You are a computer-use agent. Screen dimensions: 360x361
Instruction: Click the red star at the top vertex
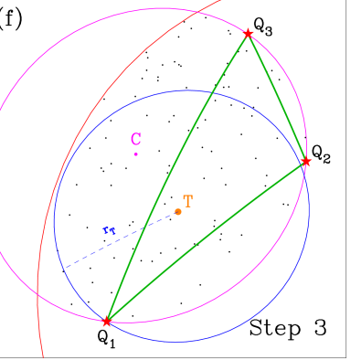coord(248,34)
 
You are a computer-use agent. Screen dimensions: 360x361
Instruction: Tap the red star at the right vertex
coord(306,162)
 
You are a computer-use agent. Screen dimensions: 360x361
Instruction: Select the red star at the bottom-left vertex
coord(107,322)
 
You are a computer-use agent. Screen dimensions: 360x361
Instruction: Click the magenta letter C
coord(135,139)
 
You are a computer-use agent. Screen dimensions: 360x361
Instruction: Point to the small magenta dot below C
coord(136,154)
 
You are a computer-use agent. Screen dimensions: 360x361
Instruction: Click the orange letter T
coord(187,201)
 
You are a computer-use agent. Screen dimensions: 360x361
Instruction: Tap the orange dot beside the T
coord(177,212)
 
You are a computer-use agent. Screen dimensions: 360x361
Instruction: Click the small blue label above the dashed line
coord(110,229)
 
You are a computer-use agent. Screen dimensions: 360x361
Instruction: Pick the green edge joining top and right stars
coord(277,98)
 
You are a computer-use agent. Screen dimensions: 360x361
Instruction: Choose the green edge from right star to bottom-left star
coord(207,241)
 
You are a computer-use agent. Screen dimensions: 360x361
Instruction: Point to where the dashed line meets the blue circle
coord(64,268)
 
